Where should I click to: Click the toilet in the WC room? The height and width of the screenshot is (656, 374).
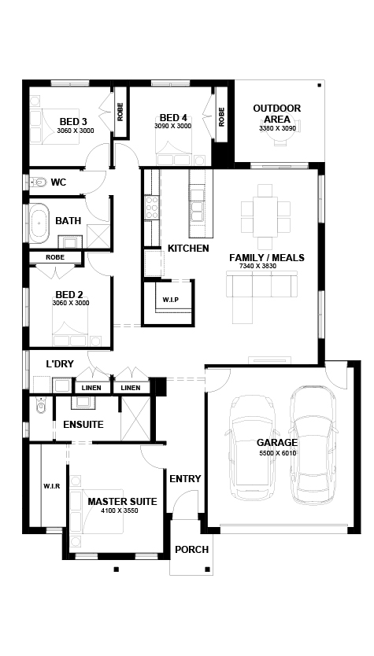tap(39, 182)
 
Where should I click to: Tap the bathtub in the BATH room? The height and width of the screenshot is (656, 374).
tap(39, 223)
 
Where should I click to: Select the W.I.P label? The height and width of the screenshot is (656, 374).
tap(170, 300)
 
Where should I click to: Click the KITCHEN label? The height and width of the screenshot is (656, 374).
tap(188, 248)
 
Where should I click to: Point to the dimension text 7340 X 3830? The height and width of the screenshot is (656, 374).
tap(257, 266)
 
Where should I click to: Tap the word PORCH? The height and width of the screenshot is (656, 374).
tap(192, 550)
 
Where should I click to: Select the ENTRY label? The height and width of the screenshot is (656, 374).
tap(185, 478)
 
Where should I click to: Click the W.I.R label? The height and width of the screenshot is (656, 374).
tap(52, 486)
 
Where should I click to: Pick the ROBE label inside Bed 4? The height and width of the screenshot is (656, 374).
tap(221, 117)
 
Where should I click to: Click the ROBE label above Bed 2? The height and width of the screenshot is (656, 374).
tap(55, 257)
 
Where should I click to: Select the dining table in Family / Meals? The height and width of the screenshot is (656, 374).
tap(265, 217)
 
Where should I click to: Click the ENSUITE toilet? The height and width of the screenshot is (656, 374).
tap(40, 405)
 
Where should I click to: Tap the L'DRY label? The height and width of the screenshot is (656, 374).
tap(60, 364)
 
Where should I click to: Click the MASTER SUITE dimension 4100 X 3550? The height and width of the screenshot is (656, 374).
tap(120, 510)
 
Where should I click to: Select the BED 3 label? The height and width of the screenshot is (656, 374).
tap(73, 122)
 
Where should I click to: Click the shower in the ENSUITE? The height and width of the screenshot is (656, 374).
tap(135, 418)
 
